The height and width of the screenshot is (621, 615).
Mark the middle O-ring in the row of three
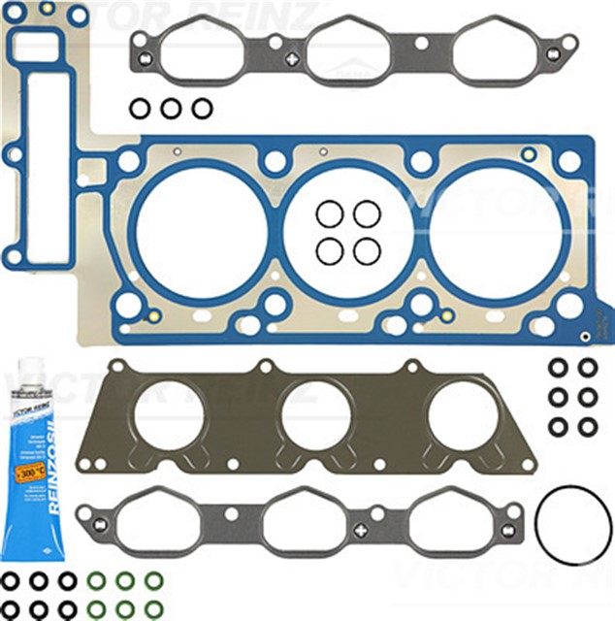pyautogui.click(x=171, y=109)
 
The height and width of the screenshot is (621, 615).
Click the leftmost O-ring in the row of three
pyautogui.click(x=140, y=109)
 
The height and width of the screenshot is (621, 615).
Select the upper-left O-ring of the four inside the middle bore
pyautogui.click(x=330, y=213)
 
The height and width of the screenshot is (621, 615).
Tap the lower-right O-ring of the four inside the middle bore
pyautogui.click(x=367, y=251)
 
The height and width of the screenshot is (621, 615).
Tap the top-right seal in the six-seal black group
pyautogui.click(x=588, y=368)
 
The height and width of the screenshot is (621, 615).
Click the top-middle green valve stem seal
pyautogui.click(x=125, y=581)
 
